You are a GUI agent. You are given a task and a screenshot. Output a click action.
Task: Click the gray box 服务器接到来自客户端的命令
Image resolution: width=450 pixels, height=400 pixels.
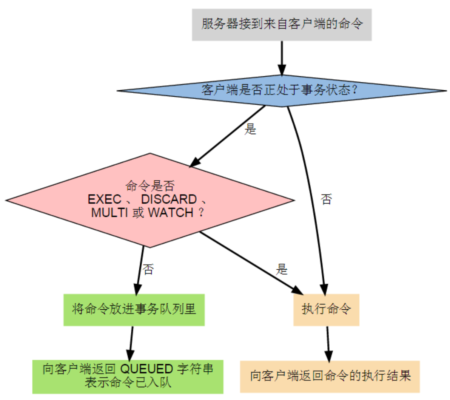282,25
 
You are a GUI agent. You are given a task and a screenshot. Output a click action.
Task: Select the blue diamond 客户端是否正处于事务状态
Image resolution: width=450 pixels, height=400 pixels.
281,91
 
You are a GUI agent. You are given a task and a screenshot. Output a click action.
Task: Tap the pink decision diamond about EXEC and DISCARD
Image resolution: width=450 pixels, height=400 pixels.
149,200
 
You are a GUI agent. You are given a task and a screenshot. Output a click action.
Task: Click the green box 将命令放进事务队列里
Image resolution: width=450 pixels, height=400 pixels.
134,309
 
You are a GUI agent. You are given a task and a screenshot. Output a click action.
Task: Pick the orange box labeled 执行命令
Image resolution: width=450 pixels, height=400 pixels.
326,309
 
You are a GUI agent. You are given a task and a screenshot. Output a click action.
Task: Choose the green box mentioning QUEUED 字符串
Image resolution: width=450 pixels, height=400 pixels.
128,376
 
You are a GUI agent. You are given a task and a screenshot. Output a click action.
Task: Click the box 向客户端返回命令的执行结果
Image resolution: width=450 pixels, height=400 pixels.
330,376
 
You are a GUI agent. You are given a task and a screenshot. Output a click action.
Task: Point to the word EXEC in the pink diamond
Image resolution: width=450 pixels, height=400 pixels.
105,199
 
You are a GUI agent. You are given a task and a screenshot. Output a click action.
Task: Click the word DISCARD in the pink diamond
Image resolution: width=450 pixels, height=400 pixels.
169,199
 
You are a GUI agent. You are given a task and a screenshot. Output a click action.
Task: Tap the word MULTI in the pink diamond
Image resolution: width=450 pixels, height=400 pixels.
109,213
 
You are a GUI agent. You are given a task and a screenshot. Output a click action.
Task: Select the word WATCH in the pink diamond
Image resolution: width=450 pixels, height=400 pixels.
171,213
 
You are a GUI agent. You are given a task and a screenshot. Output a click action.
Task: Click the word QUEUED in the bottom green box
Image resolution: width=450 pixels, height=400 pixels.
146,369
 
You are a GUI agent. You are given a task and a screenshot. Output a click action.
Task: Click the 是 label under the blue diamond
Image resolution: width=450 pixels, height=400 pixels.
250,130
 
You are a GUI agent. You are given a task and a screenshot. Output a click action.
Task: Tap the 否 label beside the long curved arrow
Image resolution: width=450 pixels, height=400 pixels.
326,199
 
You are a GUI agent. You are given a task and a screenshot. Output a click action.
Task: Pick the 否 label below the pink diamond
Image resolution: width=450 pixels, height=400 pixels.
148,270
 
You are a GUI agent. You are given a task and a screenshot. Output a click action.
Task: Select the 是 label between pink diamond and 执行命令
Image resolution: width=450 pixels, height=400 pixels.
282,270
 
